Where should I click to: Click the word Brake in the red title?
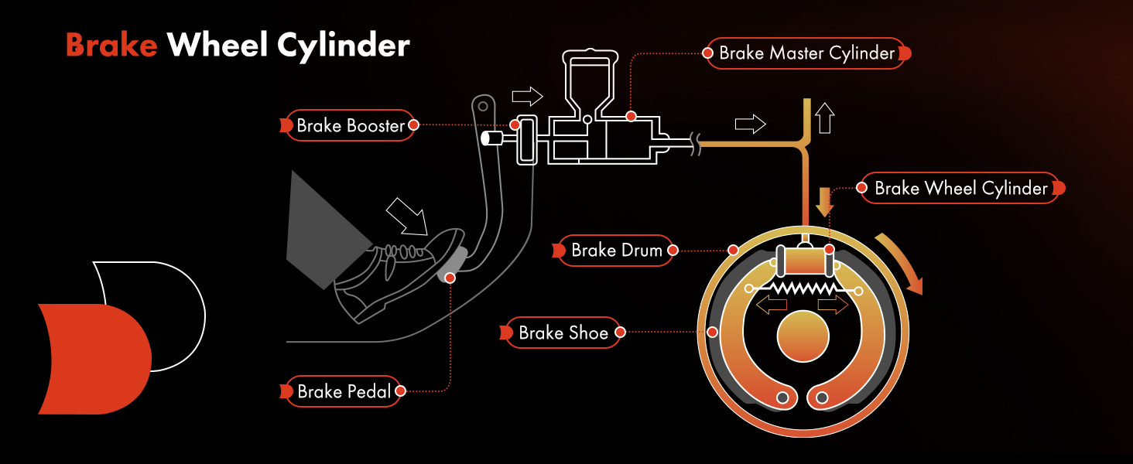[111, 45]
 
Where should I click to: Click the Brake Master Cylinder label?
[806, 53]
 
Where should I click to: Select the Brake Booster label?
[351, 125]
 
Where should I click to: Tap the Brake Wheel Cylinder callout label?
[960, 188]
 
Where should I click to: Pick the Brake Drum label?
[616, 251]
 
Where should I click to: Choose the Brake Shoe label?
[563, 333]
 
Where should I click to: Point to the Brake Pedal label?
[344, 391]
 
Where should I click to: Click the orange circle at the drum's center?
[803, 336]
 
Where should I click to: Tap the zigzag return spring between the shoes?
[803, 288]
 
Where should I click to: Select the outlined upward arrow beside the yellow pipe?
[825, 118]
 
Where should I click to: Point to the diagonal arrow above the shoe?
[407, 216]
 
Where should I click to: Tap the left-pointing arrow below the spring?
[771, 305]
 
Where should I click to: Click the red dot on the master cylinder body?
[631, 116]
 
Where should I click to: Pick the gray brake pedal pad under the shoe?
[453, 264]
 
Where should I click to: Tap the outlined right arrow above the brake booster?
[527, 96]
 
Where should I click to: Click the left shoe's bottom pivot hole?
[783, 397]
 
